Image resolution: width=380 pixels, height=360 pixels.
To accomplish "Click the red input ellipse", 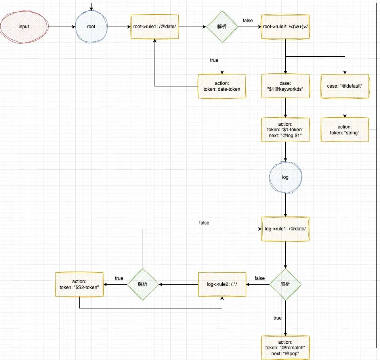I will (x=24, y=27).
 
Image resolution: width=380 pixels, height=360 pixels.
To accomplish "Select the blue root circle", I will (x=91, y=27).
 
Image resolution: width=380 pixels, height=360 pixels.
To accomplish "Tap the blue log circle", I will (x=285, y=177).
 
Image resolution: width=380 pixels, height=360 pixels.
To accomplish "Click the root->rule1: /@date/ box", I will (x=155, y=27).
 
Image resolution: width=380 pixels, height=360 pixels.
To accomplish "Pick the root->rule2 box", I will (x=285, y=27).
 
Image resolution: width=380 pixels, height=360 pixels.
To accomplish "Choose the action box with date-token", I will (x=222, y=86).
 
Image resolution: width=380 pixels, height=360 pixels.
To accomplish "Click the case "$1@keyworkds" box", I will (x=285, y=86).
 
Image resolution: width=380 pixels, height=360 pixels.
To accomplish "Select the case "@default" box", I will (x=345, y=86).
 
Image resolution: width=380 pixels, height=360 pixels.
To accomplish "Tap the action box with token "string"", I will (x=345, y=130).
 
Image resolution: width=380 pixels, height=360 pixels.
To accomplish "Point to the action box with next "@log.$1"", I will (x=285, y=130).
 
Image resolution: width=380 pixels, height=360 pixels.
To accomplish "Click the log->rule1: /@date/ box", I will (x=285, y=229).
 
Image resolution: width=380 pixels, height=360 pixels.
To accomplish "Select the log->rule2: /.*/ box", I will (x=222, y=284).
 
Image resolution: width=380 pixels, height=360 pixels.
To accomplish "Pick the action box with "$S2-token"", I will (x=79, y=284).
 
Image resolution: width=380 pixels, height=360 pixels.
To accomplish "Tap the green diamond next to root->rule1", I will (x=222, y=27).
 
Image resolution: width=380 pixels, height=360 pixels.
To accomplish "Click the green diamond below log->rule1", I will (x=285, y=284).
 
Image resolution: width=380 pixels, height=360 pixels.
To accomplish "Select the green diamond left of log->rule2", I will (x=143, y=284).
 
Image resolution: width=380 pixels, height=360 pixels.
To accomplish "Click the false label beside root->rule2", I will (x=248, y=20).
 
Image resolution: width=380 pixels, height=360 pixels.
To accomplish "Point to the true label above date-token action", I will (x=214, y=60).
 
